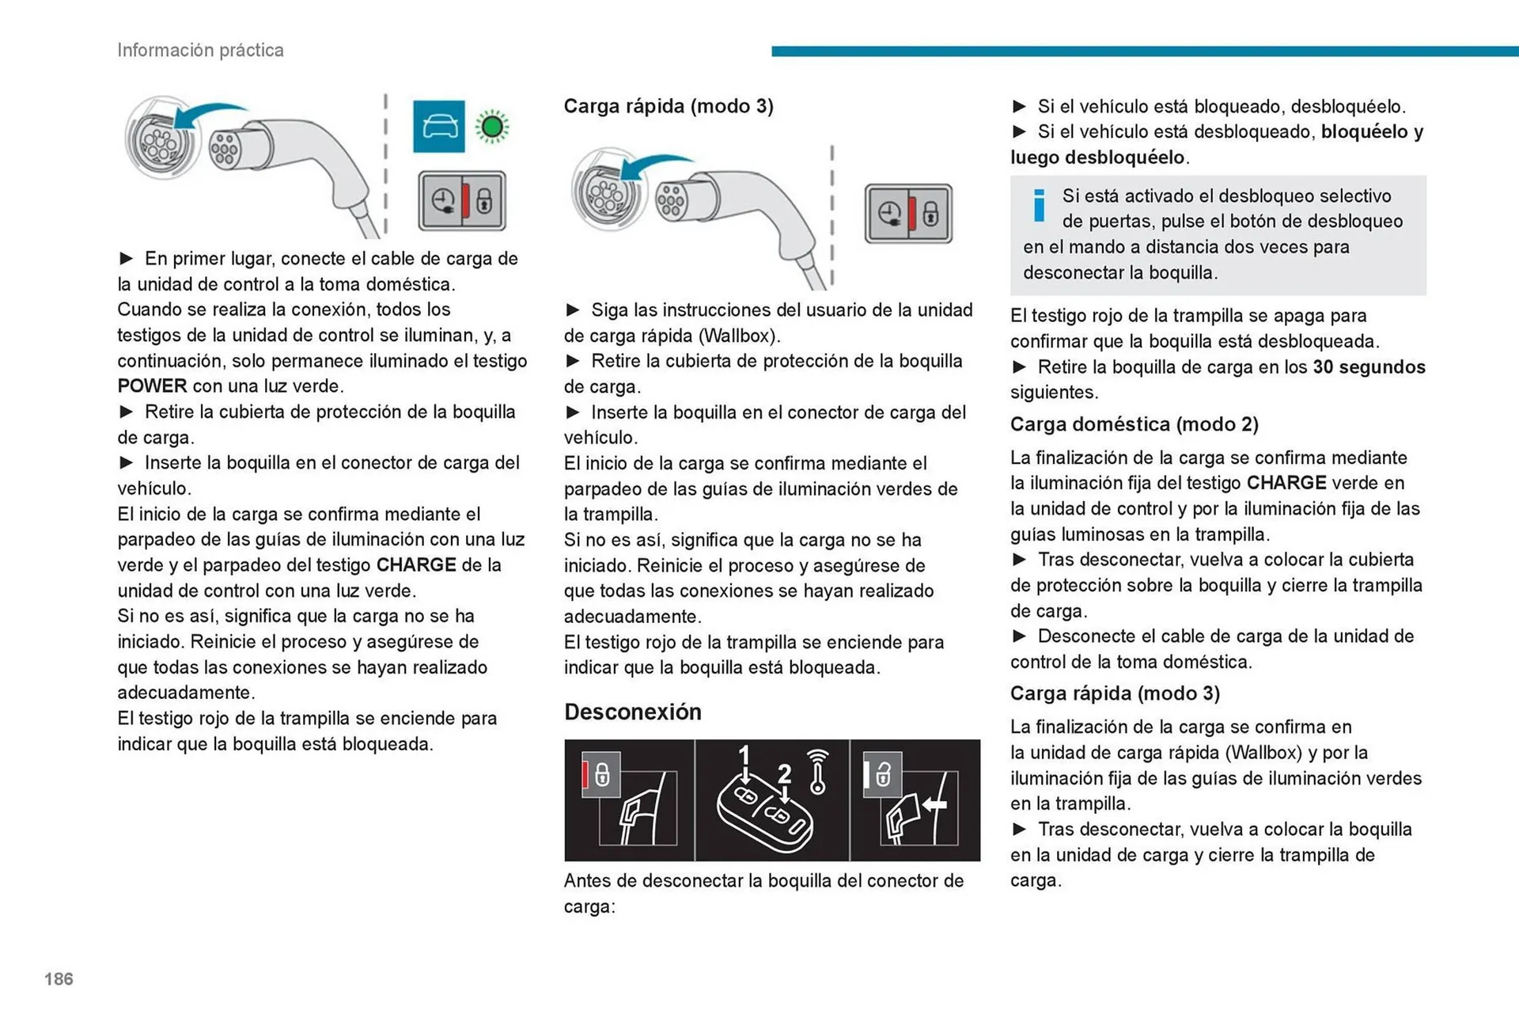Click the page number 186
pos(59,978)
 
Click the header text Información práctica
pos(200,50)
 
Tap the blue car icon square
pos(438,126)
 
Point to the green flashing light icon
pos(492,126)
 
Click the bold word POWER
pos(152,386)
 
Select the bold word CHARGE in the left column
pos(416,565)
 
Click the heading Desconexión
pos(632,712)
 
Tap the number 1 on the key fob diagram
pos(744,755)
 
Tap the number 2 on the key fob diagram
pos(784,773)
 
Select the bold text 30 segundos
pos(1369,367)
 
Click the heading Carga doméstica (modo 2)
pos(1134,424)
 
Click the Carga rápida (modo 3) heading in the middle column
pos(669,106)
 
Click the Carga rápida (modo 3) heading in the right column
pos(1115,693)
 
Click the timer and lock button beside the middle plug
pos(908,214)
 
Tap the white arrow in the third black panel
pos(935,804)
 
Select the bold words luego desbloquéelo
pos(1097,158)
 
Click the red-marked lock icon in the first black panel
pos(600,773)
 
